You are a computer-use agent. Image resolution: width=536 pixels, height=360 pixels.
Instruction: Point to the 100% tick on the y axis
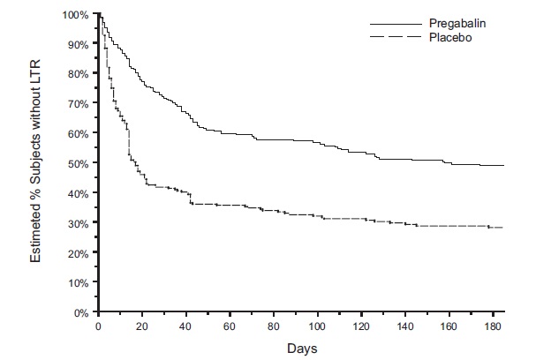tap(78, 15)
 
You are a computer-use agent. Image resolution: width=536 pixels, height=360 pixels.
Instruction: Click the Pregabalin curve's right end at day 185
tap(503, 166)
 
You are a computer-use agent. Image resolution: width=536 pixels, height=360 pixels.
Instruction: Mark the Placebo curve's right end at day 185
tap(503, 228)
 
